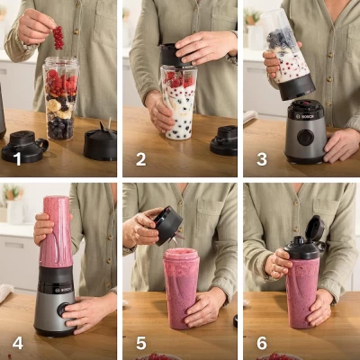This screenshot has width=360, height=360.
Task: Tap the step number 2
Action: (x=139, y=159)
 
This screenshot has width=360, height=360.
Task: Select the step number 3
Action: (x=261, y=159)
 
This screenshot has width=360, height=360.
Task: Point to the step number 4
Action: (x=16, y=342)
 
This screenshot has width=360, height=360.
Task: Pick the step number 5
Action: (x=139, y=342)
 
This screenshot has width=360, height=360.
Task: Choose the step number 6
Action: (x=261, y=342)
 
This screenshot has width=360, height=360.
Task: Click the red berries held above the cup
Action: (x=58, y=37)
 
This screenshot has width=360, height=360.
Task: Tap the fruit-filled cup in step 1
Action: (x=60, y=99)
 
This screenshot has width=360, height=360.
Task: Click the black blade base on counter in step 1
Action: (x=100, y=142)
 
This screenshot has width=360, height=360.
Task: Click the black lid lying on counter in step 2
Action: (x=224, y=139)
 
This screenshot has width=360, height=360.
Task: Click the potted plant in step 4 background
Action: (x=12, y=193)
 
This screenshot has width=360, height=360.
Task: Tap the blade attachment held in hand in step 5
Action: (x=166, y=225)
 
